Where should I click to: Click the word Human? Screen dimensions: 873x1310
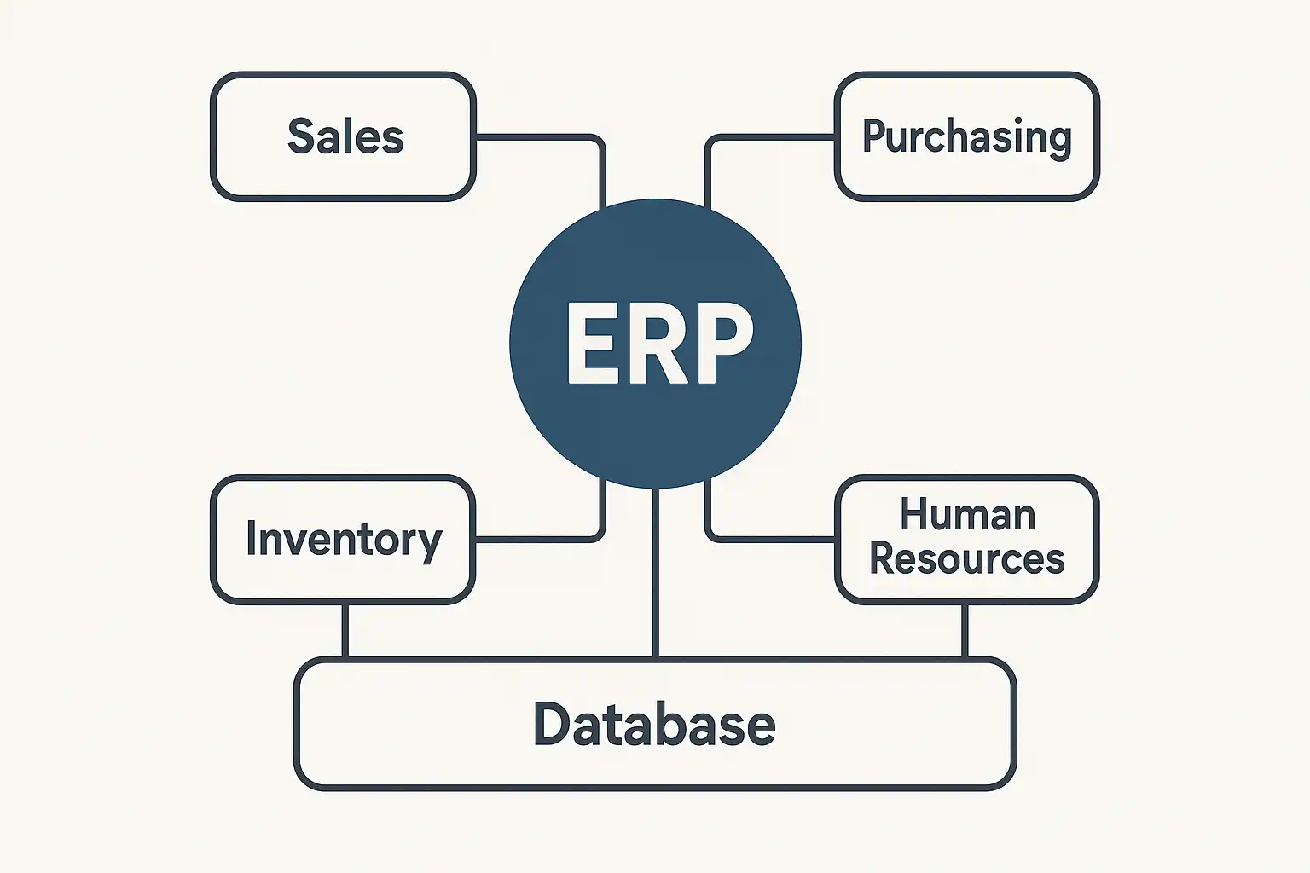pos(967,516)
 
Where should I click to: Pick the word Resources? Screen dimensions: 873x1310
pos(967,559)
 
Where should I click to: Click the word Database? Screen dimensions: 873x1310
pos(655,725)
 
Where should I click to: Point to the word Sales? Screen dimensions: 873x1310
pos(345,136)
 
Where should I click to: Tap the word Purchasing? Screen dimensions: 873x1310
pos(966,136)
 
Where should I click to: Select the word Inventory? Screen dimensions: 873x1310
pos(344,540)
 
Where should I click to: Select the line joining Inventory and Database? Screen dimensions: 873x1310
pos(345,631)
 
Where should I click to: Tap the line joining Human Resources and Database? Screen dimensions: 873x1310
pos(965,631)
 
